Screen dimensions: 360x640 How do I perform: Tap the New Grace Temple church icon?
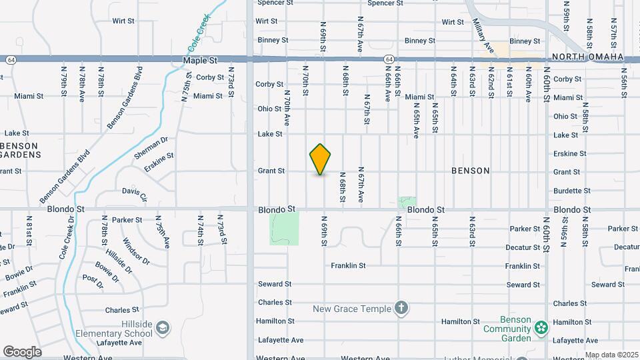[401, 309]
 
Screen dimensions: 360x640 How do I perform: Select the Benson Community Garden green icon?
[541, 327]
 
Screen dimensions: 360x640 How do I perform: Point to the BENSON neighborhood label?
[470, 171]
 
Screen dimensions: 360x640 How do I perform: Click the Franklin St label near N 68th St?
[348, 265]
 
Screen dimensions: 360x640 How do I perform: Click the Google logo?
[22, 351]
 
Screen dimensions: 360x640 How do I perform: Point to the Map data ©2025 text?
[611, 355]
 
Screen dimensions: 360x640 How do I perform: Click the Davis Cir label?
[134, 193]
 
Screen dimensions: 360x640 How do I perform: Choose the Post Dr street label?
[93, 281]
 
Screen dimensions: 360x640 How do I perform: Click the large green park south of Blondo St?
[284, 228]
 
